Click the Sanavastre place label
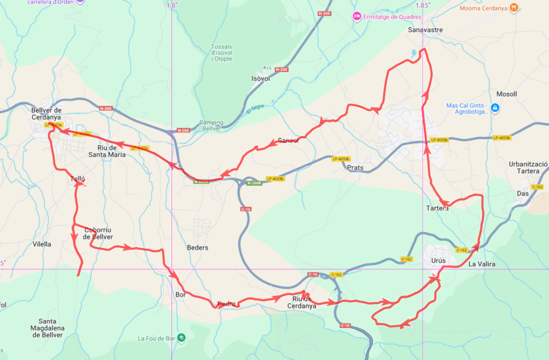click(425, 30)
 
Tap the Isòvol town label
click(261, 79)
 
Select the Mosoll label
click(506, 94)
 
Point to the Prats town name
click(355, 168)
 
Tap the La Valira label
click(481, 264)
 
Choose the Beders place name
click(198, 247)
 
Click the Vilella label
click(42, 244)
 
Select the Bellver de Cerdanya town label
click(46, 113)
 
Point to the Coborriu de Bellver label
click(98, 233)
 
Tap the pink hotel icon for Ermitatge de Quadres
click(356, 17)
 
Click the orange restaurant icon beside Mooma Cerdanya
click(514, 7)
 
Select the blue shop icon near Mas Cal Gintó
click(494, 107)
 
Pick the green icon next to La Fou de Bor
click(182, 338)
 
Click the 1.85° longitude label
click(423, 5)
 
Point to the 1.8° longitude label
click(172, 5)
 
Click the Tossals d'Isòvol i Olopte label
click(221, 53)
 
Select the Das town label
click(522, 193)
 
